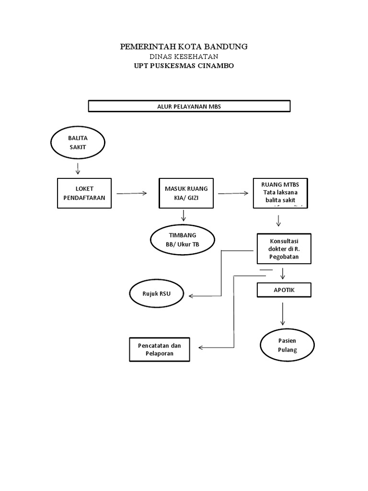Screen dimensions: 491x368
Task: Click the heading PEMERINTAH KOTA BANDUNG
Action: (184, 47)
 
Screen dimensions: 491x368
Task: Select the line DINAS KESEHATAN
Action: (184, 57)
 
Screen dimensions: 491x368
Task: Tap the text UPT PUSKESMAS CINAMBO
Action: (184, 66)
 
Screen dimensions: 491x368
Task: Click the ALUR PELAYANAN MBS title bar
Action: (189, 106)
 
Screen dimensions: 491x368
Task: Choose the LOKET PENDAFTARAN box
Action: (84, 193)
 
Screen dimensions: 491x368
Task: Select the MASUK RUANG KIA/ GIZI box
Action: (186, 193)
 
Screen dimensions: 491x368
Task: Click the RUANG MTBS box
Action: (280, 193)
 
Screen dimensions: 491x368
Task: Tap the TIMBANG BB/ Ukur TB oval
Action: (183, 239)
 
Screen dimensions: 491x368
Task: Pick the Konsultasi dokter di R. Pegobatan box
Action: (284, 249)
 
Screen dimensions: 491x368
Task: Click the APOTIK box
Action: (284, 290)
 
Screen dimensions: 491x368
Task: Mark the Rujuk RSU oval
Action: (157, 293)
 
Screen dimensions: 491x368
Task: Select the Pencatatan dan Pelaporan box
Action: (160, 350)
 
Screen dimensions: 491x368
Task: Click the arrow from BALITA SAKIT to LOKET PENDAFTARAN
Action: (78, 168)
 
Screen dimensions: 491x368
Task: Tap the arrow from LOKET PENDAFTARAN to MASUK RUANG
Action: (132, 193)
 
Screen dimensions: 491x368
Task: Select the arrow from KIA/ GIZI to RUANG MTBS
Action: (233, 193)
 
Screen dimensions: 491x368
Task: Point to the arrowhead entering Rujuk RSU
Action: (192, 296)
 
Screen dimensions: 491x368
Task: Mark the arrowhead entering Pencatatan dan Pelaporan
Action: (200, 348)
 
